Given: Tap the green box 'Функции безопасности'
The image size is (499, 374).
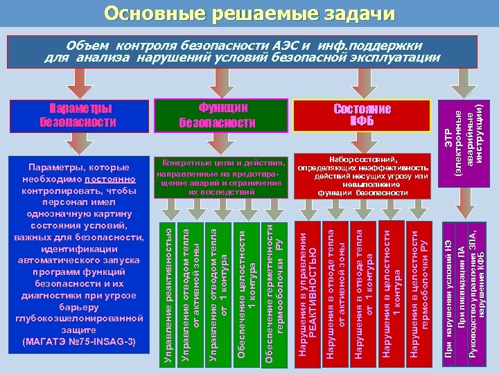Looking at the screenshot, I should [x=218, y=115].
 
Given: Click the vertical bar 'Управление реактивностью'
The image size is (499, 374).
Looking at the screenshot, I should [x=169, y=292].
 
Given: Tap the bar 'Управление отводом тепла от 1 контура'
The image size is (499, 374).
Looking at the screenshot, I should [x=218, y=292].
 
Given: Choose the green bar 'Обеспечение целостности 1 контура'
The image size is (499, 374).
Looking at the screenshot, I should [x=247, y=292].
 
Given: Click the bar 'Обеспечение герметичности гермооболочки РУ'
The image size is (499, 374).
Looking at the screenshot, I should [x=274, y=292].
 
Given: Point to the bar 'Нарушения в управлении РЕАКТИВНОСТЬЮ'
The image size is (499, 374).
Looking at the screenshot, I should [x=306, y=292].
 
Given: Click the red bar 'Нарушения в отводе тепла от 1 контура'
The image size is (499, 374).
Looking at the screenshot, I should [x=364, y=292].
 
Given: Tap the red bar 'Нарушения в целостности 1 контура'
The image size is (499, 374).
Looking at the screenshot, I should [x=392, y=292].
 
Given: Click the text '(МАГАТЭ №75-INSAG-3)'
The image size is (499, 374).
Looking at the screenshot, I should [x=79, y=341].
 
